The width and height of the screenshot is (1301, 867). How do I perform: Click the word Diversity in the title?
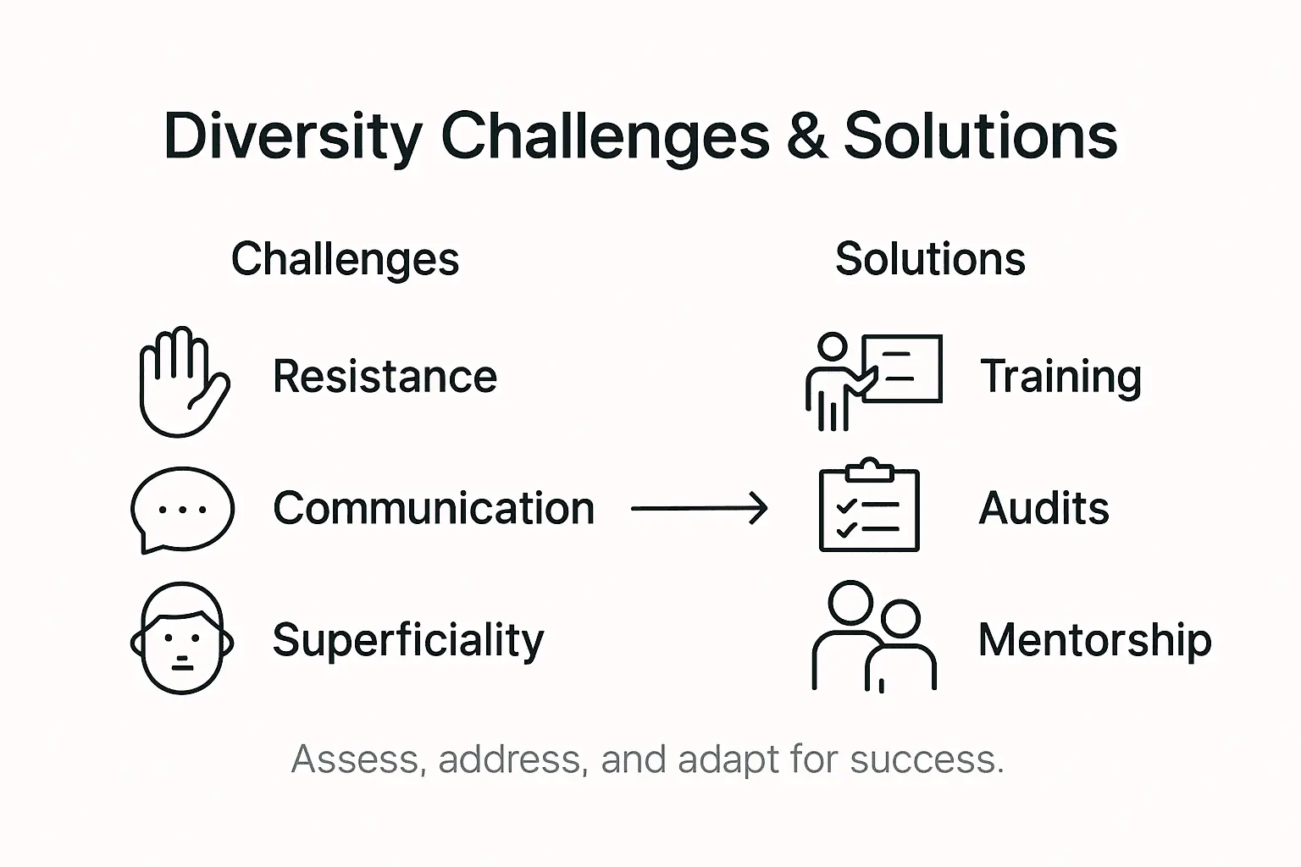point(292,135)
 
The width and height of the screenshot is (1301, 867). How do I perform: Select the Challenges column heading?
point(345,259)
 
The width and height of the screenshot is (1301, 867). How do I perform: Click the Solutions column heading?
point(930,259)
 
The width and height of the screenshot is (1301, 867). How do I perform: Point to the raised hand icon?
point(182,382)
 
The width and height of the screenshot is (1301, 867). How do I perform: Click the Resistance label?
point(385,377)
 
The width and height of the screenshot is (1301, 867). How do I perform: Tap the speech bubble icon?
point(182,509)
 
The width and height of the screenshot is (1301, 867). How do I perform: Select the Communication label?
point(434,509)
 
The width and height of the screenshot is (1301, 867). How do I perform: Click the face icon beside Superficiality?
point(182,638)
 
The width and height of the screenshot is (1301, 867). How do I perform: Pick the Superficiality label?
point(408,640)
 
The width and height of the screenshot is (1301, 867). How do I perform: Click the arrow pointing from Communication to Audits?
point(700,509)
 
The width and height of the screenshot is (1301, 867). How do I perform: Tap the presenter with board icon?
point(872,380)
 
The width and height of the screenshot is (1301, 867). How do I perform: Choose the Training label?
point(1060,377)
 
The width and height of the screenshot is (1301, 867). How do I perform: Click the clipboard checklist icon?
point(869,505)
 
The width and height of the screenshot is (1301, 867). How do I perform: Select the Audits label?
point(1044,509)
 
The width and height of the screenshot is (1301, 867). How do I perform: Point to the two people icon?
point(873,637)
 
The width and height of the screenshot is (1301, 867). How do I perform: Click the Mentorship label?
point(1094,640)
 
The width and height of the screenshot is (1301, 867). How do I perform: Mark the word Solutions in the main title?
point(981,135)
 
